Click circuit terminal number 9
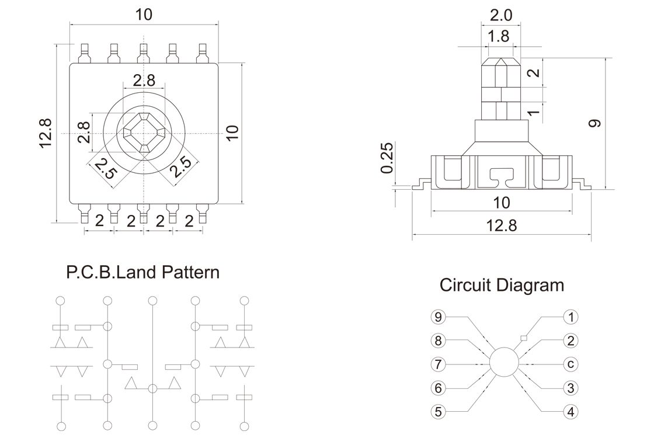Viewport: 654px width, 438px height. (438, 317)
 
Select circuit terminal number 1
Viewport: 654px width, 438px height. (571, 317)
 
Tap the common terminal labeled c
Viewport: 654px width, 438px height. (571, 364)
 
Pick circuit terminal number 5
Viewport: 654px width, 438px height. (438, 411)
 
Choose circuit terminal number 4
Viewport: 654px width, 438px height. (571, 411)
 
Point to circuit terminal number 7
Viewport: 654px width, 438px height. (438, 364)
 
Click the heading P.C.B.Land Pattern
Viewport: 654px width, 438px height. (142, 272)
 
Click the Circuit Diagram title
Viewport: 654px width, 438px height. (502, 285)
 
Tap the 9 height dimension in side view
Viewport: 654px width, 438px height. (595, 123)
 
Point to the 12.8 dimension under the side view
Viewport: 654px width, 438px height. (502, 225)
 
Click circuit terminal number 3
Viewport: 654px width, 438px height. (571, 387)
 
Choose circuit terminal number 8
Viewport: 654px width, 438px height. (438, 340)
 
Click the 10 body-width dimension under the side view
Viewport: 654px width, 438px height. (501, 203)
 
